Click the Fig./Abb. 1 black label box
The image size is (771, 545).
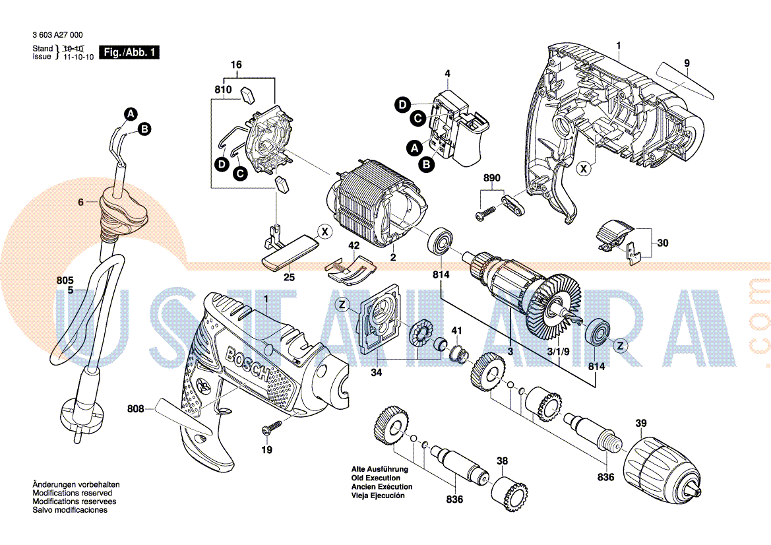point(129,52)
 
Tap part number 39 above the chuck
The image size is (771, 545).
point(641,423)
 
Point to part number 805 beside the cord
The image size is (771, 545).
point(65,280)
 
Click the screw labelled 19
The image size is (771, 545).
point(269,430)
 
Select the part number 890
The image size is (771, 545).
point(492,178)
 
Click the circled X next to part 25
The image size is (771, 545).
point(323,231)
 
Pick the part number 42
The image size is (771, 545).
point(354,245)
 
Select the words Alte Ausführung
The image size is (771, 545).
point(379,469)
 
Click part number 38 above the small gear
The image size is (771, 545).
point(502,461)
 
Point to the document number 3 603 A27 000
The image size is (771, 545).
point(57,35)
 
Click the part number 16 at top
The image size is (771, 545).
point(236,65)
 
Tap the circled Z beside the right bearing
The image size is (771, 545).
point(619,344)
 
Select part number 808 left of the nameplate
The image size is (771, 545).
point(135,409)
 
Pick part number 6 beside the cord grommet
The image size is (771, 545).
point(80,203)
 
